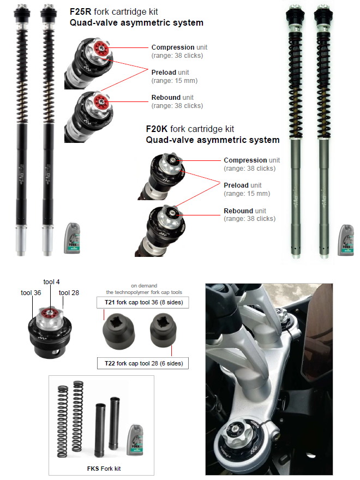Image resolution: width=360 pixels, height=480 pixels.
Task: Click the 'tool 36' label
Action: [31, 293]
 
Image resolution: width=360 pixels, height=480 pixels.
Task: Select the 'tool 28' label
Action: [69, 293]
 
